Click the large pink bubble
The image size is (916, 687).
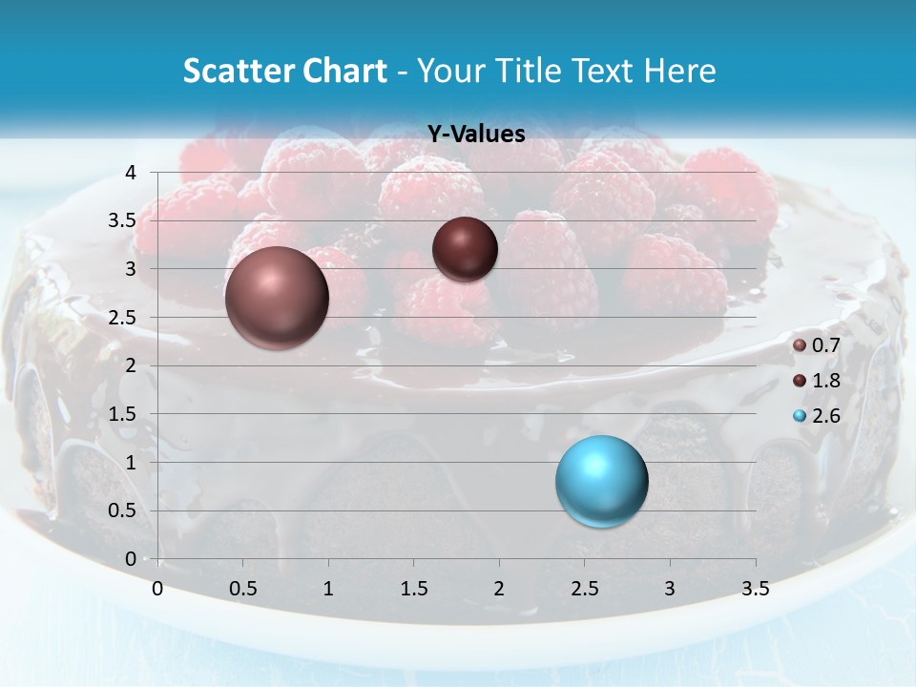pyautogui.click(x=277, y=298)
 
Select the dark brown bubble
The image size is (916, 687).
pyautogui.click(x=465, y=249)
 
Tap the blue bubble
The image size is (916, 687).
pyautogui.click(x=601, y=481)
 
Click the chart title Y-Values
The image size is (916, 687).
pyautogui.click(x=475, y=135)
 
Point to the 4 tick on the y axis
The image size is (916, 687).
pyautogui.click(x=131, y=173)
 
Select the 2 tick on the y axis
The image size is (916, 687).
pyautogui.click(x=131, y=365)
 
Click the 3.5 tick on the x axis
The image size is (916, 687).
pyautogui.click(x=755, y=589)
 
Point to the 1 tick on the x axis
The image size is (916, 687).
pyautogui.click(x=328, y=589)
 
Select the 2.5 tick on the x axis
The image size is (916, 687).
pyautogui.click(x=584, y=589)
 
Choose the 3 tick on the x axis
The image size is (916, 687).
pyautogui.click(x=670, y=589)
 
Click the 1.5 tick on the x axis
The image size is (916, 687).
pyautogui.click(x=413, y=589)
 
